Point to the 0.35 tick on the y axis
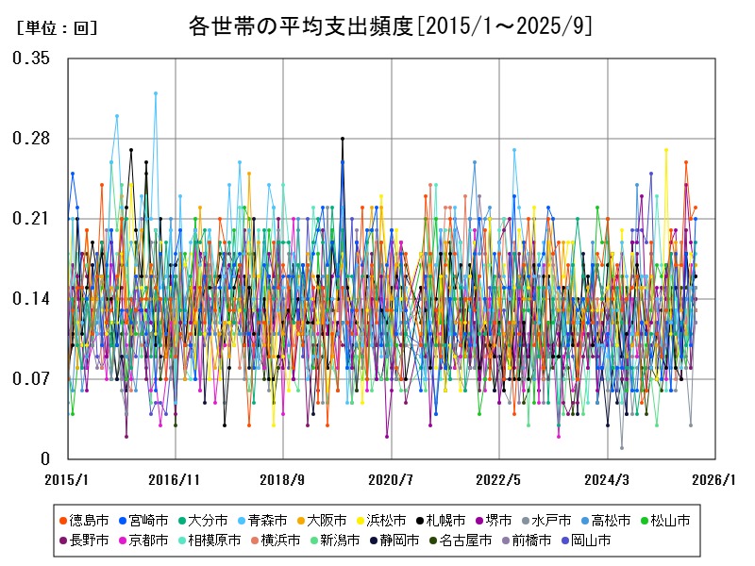(31, 58)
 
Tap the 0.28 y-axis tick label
(31, 139)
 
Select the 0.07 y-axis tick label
(31, 379)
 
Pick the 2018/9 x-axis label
(284, 479)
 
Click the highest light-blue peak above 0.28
(156, 92)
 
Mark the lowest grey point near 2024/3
(622, 448)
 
